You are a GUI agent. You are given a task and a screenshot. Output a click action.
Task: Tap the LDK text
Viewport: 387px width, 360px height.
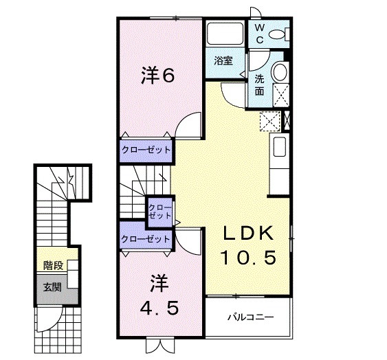[248, 233]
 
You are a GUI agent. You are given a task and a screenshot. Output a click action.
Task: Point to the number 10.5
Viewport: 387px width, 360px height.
[248, 258]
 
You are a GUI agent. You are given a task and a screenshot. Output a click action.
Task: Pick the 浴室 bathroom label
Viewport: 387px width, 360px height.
[223, 60]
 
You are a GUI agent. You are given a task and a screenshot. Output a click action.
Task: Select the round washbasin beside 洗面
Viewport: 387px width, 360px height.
[280, 72]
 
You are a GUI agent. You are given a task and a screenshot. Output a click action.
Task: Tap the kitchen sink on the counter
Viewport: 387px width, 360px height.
[280, 147]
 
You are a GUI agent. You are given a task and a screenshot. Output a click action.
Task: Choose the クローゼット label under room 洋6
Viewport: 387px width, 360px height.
[145, 149]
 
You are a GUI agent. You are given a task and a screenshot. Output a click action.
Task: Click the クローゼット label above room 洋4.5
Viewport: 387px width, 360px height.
[145, 239]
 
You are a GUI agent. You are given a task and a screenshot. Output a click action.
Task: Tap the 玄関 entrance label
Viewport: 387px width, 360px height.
[52, 286]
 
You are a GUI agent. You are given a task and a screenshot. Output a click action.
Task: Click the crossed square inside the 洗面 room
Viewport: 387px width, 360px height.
[280, 93]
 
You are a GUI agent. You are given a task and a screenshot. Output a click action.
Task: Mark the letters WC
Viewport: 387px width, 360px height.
[260, 32]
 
